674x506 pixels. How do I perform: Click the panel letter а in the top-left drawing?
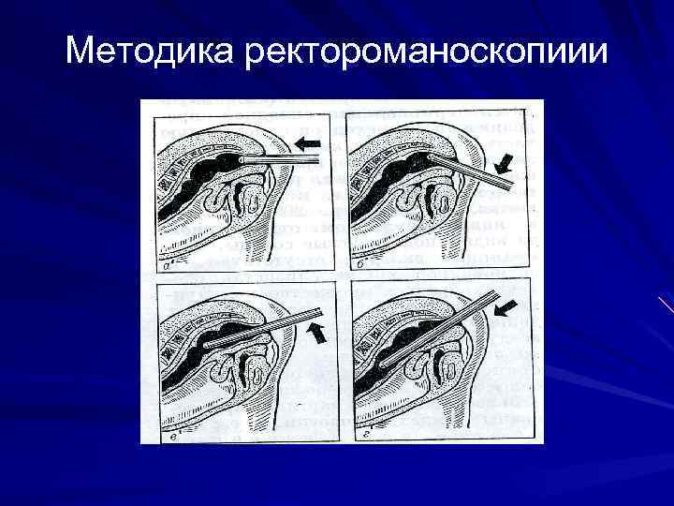click(165, 265)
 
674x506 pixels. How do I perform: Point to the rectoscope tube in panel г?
click(440, 328)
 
